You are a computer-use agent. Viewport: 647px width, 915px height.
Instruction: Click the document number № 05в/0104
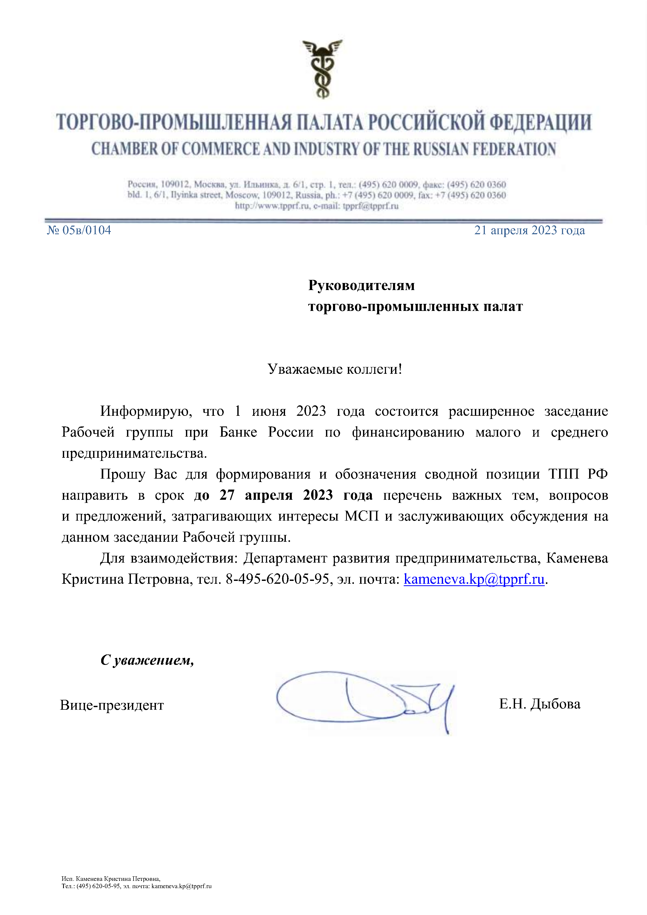pos(79,230)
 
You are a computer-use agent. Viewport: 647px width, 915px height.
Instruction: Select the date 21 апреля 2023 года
pos(529,230)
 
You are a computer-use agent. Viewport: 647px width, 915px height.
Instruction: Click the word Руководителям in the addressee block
pos(361,285)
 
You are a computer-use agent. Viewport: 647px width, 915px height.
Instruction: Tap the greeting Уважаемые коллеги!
pos(335,369)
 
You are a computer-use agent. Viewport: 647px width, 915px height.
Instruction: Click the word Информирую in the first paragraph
pos(146,411)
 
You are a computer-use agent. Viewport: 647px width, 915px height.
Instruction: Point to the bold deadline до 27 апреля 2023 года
pos(283,495)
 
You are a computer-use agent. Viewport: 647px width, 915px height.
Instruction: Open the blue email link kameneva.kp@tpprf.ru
pos(474,579)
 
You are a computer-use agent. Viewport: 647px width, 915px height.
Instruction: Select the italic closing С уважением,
pos(147,660)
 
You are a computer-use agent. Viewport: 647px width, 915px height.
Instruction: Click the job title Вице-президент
pos(112,705)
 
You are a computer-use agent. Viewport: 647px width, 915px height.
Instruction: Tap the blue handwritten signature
pos(365,700)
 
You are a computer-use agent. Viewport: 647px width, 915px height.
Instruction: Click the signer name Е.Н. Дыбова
pos(540,704)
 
